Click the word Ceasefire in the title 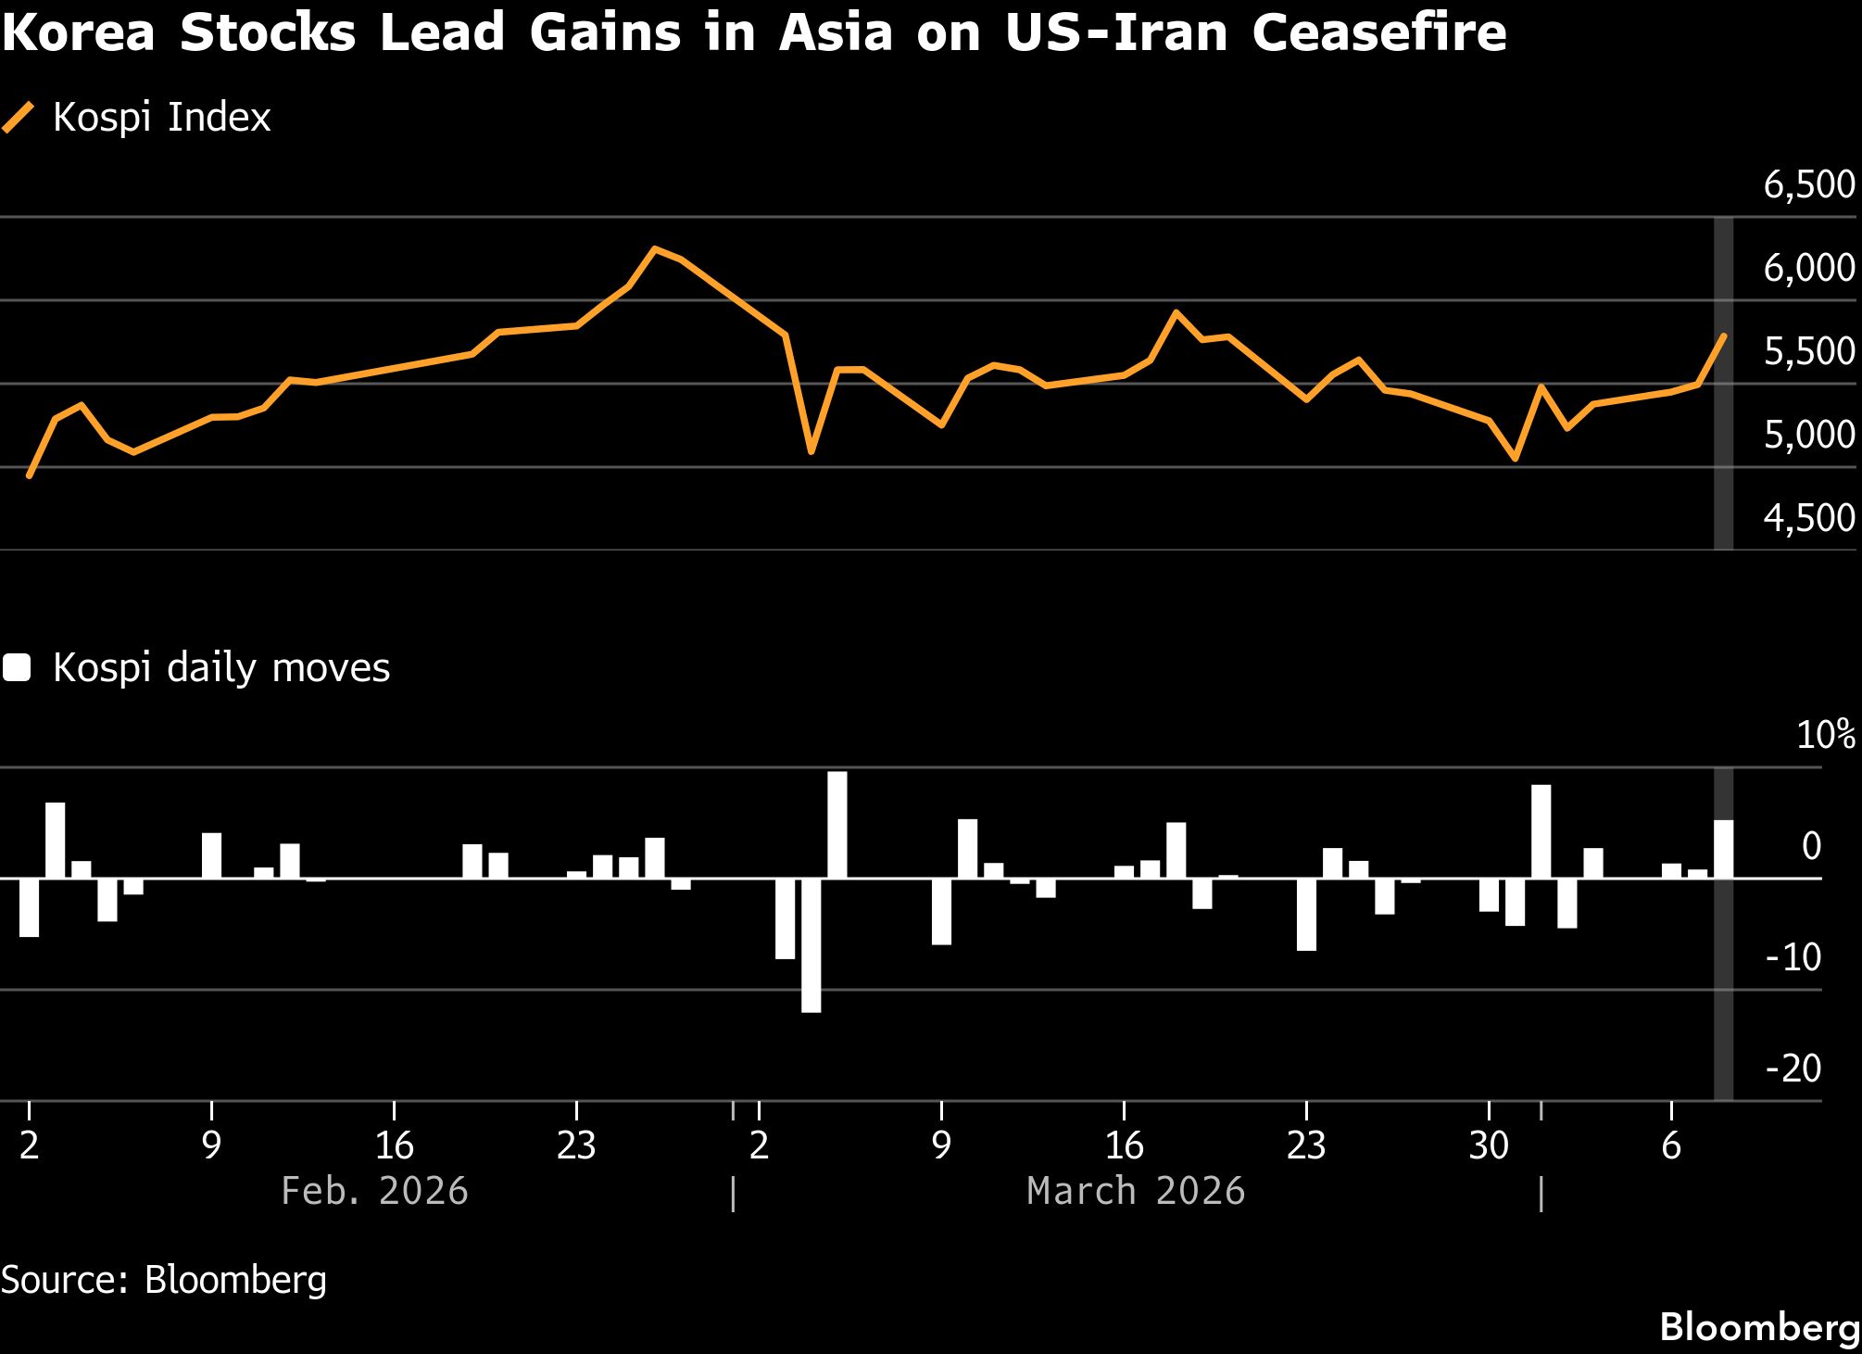point(1378,33)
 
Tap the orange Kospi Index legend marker point(19,118)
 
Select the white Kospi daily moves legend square point(17,668)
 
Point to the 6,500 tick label point(1808,184)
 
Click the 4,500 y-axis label point(1808,518)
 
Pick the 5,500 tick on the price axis point(1808,351)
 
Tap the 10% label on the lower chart point(1825,735)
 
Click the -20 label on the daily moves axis point(1793,1069)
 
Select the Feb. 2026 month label point(374,1191)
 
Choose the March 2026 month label point(1136,1191)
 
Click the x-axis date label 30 point(1489,1146)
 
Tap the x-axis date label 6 point(1670,1146)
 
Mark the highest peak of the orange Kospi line point(655,248)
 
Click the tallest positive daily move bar point(837,824)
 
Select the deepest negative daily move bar point(811,944)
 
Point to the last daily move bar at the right point(1723,848)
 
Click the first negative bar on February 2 point(29,906)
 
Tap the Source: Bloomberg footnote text point(164,1280)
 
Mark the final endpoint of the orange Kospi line point(1723,335)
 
